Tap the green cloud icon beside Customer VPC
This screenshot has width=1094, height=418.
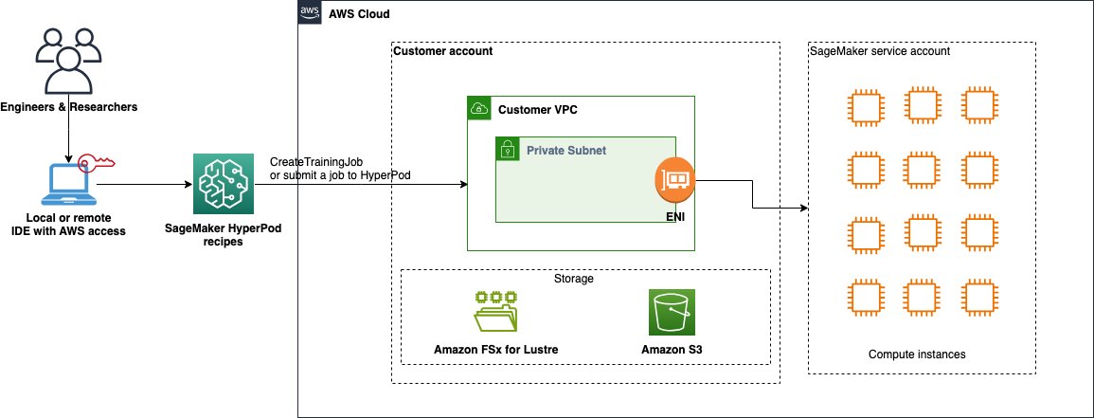(x=478, y=109)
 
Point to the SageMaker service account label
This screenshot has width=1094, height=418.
(x=879, y=51)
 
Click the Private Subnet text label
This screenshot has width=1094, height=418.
(x=566, y=149)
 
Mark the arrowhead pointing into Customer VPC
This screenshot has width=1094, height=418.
(x=463, y=185)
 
